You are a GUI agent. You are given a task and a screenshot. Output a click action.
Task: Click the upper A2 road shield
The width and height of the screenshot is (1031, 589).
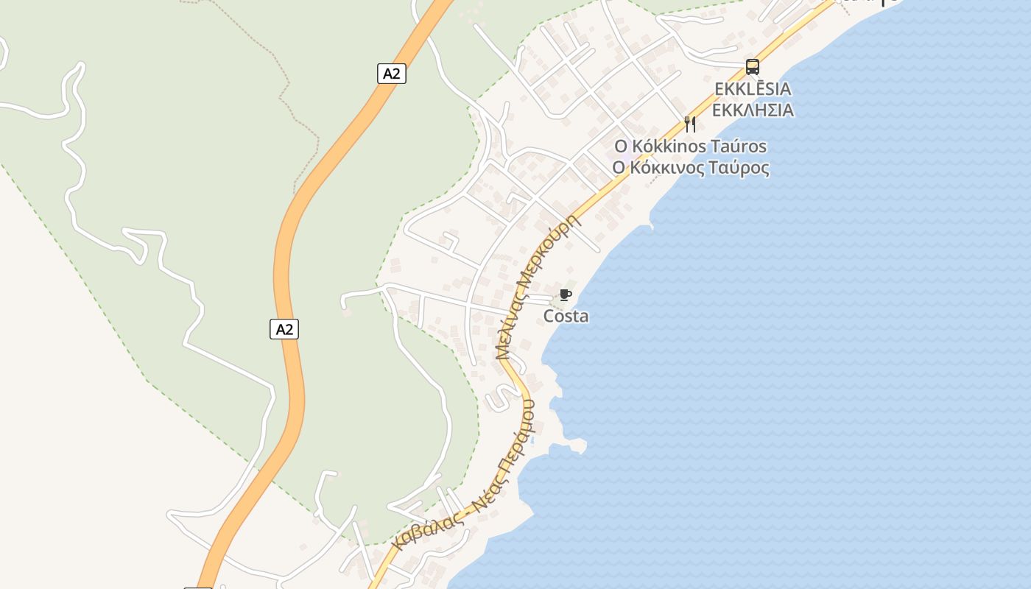click(x=393, y=74)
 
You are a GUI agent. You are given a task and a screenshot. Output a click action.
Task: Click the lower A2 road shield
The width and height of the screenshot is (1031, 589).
click(x=284, y=329)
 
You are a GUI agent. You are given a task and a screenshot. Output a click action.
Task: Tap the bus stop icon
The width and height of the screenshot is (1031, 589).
click(x=752, y=67)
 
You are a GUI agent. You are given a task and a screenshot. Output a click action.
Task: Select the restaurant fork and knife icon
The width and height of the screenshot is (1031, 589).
click(x=690, y=124)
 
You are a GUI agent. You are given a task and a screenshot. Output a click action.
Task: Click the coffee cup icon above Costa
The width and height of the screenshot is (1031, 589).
click(x=566, y=295)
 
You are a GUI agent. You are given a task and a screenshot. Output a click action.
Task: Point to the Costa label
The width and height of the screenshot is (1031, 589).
click(x=566, y=317)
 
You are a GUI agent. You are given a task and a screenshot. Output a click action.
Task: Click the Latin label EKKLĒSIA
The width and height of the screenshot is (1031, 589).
click(x=753, y=89)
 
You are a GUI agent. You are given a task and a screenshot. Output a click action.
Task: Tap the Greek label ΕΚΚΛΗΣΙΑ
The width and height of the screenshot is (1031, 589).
click(x=753, y=110)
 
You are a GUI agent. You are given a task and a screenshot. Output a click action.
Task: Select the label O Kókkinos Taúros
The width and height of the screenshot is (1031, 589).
click(x=690, y=147)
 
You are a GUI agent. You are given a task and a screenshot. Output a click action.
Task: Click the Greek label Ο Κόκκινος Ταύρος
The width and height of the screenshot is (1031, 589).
click(x=690, y=168)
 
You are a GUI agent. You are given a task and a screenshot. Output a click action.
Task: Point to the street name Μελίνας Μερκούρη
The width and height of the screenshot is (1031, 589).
click(x=535, y=287)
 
